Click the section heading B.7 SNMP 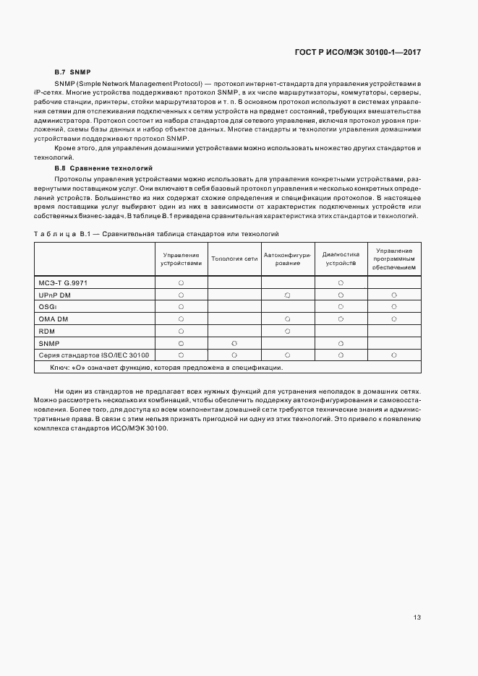tap(73, 72)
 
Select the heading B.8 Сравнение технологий tap(99, 167)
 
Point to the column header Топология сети tap(234, 259)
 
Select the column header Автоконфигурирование tap(287, 259)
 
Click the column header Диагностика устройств tap(341, 259)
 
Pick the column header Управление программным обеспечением tap(394, 259)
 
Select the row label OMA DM tap(54, 318)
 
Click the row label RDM tap(47, 331)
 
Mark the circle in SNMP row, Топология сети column tap(234, 343)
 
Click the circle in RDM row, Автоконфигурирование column tap(287, 331)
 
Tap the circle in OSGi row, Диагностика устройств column tap(341, 307)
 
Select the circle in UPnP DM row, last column tap(394, 295)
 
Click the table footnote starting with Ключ tap(166, 368)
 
